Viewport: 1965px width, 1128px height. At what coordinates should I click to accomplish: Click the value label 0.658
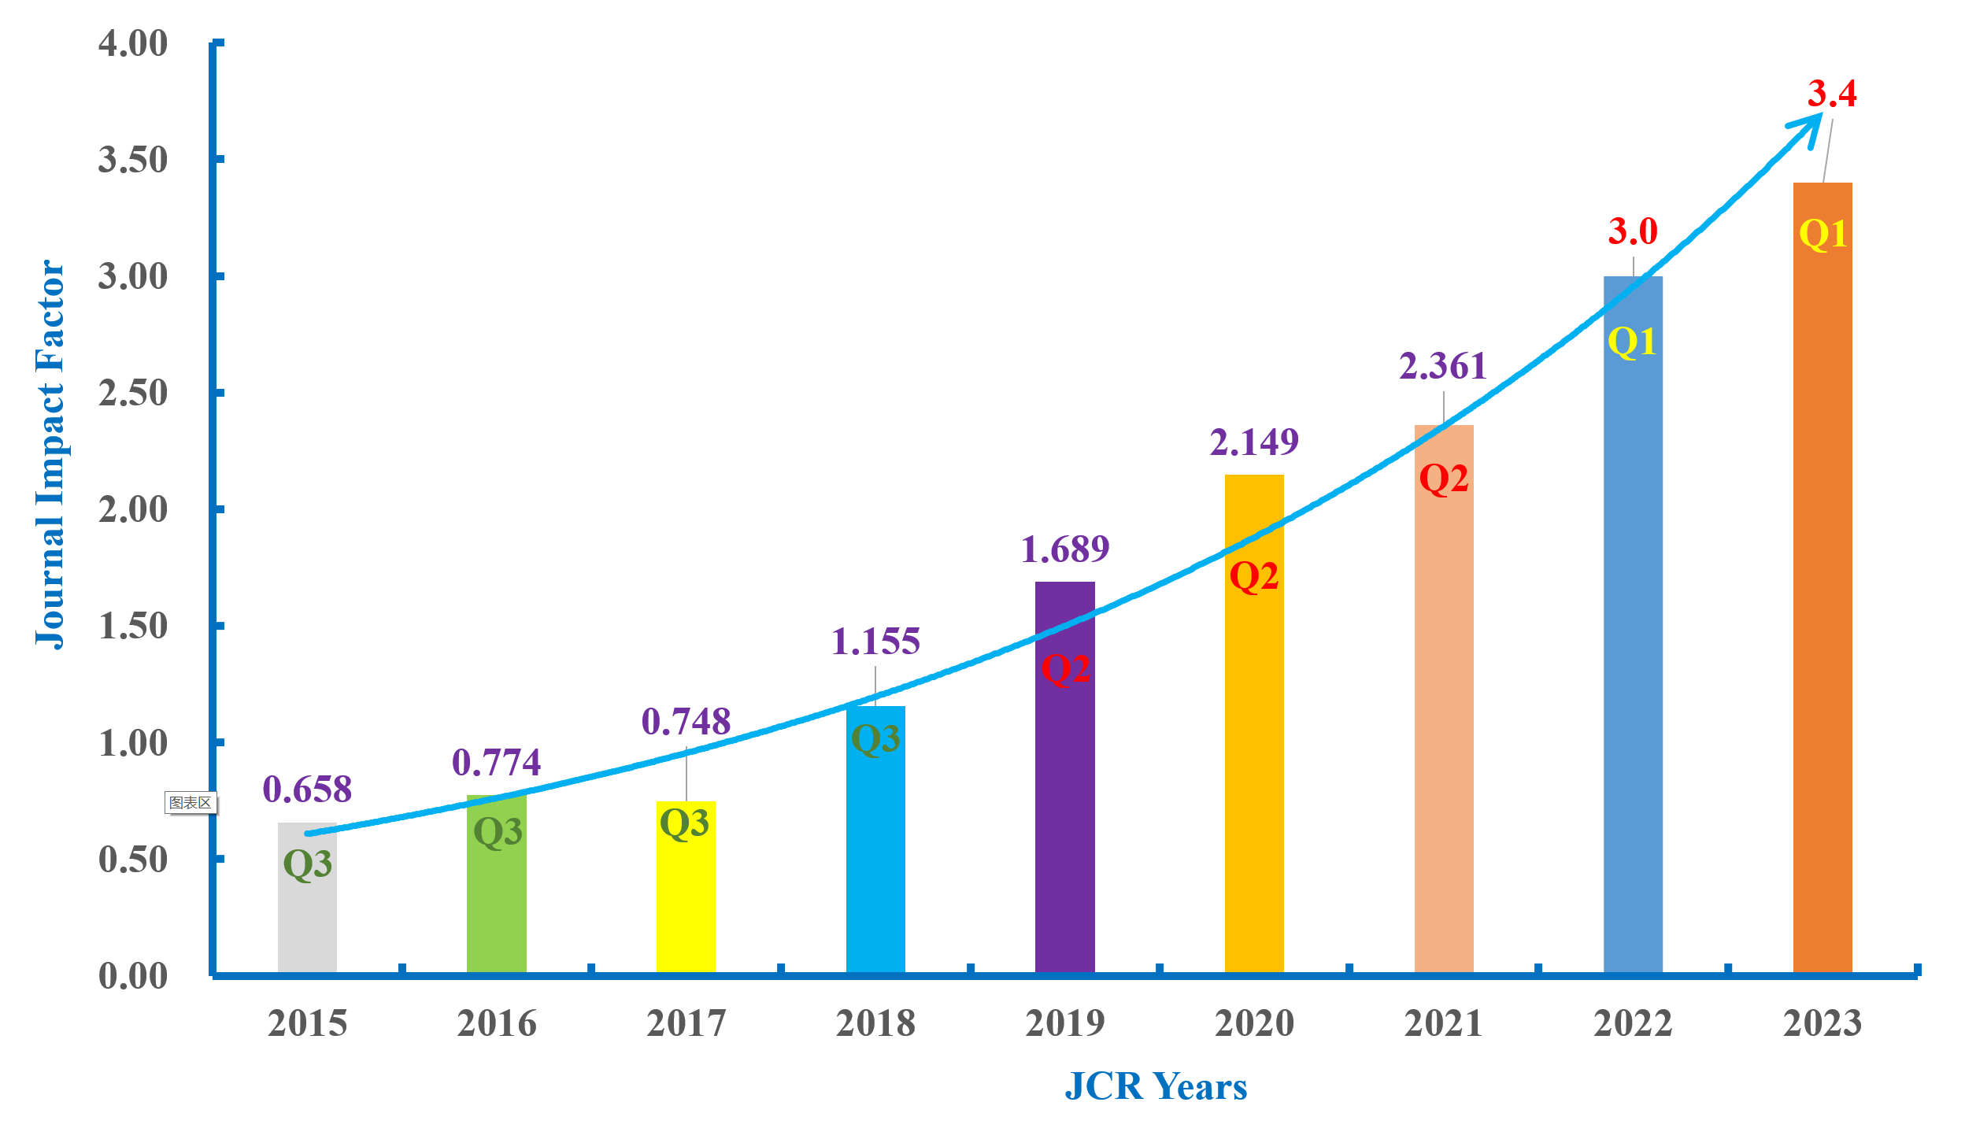tap(307, 790)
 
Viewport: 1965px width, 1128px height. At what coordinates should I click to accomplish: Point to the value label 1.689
tap(1064, 549)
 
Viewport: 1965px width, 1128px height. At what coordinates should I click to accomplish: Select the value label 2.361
tap(1443, 366)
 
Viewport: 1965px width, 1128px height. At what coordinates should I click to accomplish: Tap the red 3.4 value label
tap(1832, 94)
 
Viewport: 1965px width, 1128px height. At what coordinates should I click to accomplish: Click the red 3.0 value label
tap(1633, 231)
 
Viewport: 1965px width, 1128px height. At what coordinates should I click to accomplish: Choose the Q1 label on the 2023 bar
tap(1823, 234)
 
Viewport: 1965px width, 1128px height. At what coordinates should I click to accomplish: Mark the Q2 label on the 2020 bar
tap(1254, 576)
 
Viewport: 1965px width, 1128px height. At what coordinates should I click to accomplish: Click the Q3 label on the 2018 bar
tap(875, 739)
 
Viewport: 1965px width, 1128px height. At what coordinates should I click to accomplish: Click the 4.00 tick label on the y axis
tap(133, 43)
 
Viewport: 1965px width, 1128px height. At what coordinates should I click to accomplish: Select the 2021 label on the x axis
tap(1443, 1023)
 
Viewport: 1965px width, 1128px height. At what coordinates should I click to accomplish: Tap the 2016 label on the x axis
tap(497, 1023)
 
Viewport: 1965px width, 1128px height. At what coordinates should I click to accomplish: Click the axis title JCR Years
tap(1156, 1087)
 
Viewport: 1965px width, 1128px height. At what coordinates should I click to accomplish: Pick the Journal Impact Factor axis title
tap(50, 454)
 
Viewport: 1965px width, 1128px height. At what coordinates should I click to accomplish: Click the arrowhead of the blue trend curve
tap(1811, 126)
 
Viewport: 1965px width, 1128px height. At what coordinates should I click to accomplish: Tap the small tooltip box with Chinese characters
tap(191, 803)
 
